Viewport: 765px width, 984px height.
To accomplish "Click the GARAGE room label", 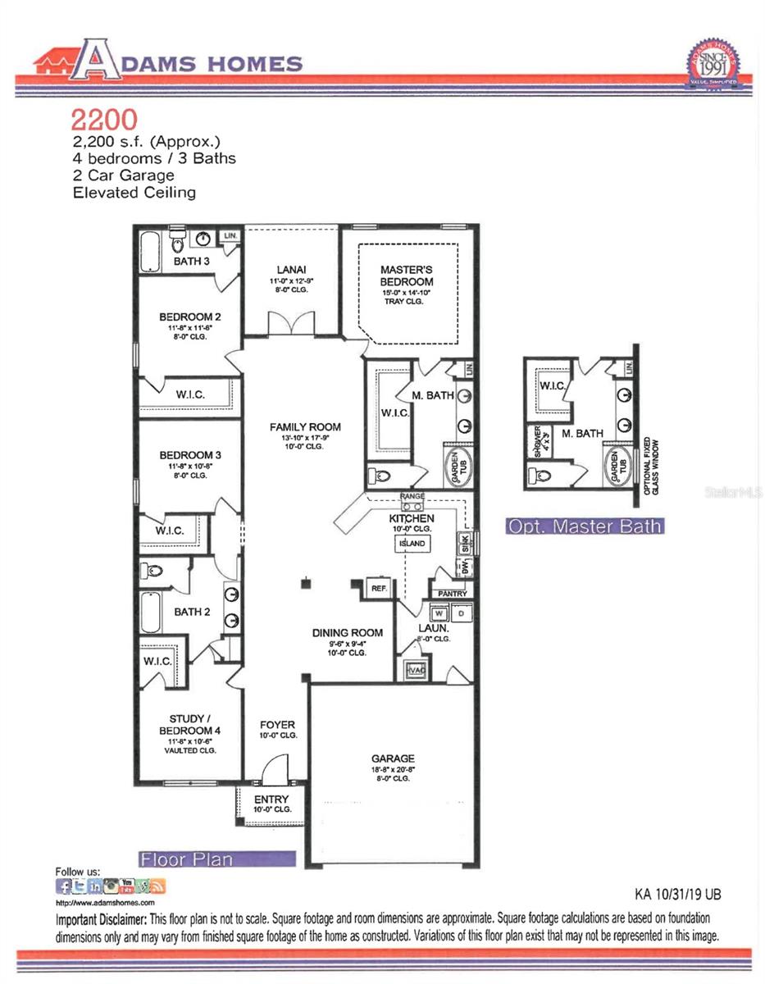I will (x=392, y=758).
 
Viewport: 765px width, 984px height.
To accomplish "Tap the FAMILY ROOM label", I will (x=306, y=427).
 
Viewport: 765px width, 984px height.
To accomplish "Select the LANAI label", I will (x=291, y=269).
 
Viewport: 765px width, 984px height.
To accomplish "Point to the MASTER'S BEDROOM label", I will (x=406, y=276).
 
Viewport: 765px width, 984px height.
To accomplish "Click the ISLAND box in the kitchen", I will (x=412, y=543).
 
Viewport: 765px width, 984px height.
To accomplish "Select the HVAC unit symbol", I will (x=416, y=670).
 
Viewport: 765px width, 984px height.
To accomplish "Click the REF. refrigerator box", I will (x=378, y=589).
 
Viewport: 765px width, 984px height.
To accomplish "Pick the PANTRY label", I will (x=452, y=594).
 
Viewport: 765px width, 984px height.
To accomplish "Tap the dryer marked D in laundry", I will (x=461, y=613).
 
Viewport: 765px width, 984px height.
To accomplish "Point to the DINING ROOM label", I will (x=347, y=632).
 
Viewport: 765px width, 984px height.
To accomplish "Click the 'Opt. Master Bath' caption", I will (x=584, y=526).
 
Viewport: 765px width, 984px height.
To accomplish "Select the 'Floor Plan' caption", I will (x=186, y=859).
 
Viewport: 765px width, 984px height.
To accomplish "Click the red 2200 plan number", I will (x=103, y=120).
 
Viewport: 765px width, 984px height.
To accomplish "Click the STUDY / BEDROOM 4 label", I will (x=189, y=724).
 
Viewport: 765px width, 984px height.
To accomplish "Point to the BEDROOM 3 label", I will (x=189, y=455).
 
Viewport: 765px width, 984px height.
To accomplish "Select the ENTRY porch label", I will (x=271, y=799).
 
